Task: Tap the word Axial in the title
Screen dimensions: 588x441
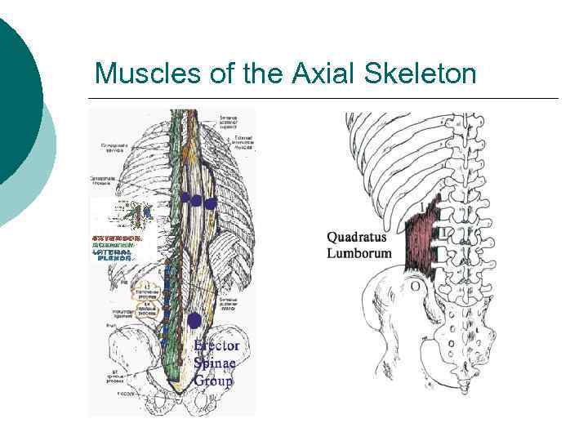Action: (x=310, y=74)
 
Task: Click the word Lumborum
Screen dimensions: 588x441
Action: (x=359, y=253)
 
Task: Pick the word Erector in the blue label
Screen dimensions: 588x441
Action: (x=217, y=345)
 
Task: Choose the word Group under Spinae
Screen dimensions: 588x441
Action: (x=213, y=380)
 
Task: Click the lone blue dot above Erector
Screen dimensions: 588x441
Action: (x=194, y=321)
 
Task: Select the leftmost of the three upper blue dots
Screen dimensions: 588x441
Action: (x=186, y=197)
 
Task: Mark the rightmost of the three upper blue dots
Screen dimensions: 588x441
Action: (x=211, y=203)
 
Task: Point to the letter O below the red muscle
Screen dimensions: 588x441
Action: (x=416, y=286)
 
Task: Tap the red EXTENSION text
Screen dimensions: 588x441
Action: (x=116, y=238)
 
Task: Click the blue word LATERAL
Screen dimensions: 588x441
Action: (x=114, y=253)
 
